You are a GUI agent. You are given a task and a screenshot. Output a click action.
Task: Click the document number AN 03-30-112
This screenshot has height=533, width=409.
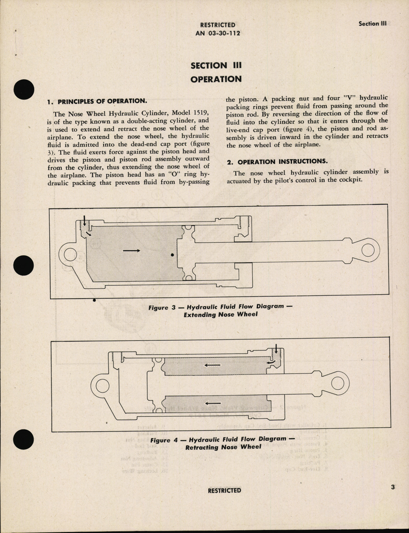point(217,33)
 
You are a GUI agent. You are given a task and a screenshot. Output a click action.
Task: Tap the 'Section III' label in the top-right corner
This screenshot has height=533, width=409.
point(372,24)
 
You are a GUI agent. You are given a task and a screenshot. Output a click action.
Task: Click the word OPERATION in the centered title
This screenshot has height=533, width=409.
point(216,79)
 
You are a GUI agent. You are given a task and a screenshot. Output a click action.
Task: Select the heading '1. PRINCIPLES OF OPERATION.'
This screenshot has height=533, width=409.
point(97,101)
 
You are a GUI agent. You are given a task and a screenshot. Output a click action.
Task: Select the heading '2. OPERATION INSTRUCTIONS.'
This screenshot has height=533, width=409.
point(277,161)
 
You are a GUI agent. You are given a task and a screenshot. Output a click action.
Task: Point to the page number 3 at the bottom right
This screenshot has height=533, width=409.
point(393,487)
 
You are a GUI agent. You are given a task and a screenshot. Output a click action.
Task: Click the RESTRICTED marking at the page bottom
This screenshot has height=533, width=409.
point(224,490)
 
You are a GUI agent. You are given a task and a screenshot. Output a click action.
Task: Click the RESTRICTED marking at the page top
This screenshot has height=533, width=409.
point(217,25)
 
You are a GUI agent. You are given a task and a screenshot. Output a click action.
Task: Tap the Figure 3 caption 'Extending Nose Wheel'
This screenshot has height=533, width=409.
point(220,314)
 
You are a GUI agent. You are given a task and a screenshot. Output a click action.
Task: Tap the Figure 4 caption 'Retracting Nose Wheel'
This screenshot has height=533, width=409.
point(223,447)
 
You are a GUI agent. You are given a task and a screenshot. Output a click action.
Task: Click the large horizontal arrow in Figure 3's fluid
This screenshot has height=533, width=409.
point(131,251)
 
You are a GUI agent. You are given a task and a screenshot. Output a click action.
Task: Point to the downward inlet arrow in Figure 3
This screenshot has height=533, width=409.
point(85,221)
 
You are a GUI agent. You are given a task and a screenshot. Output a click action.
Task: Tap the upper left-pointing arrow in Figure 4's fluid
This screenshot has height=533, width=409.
point(212,365)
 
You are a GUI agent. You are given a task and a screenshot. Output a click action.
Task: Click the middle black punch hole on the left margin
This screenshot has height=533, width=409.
point(24,266)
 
